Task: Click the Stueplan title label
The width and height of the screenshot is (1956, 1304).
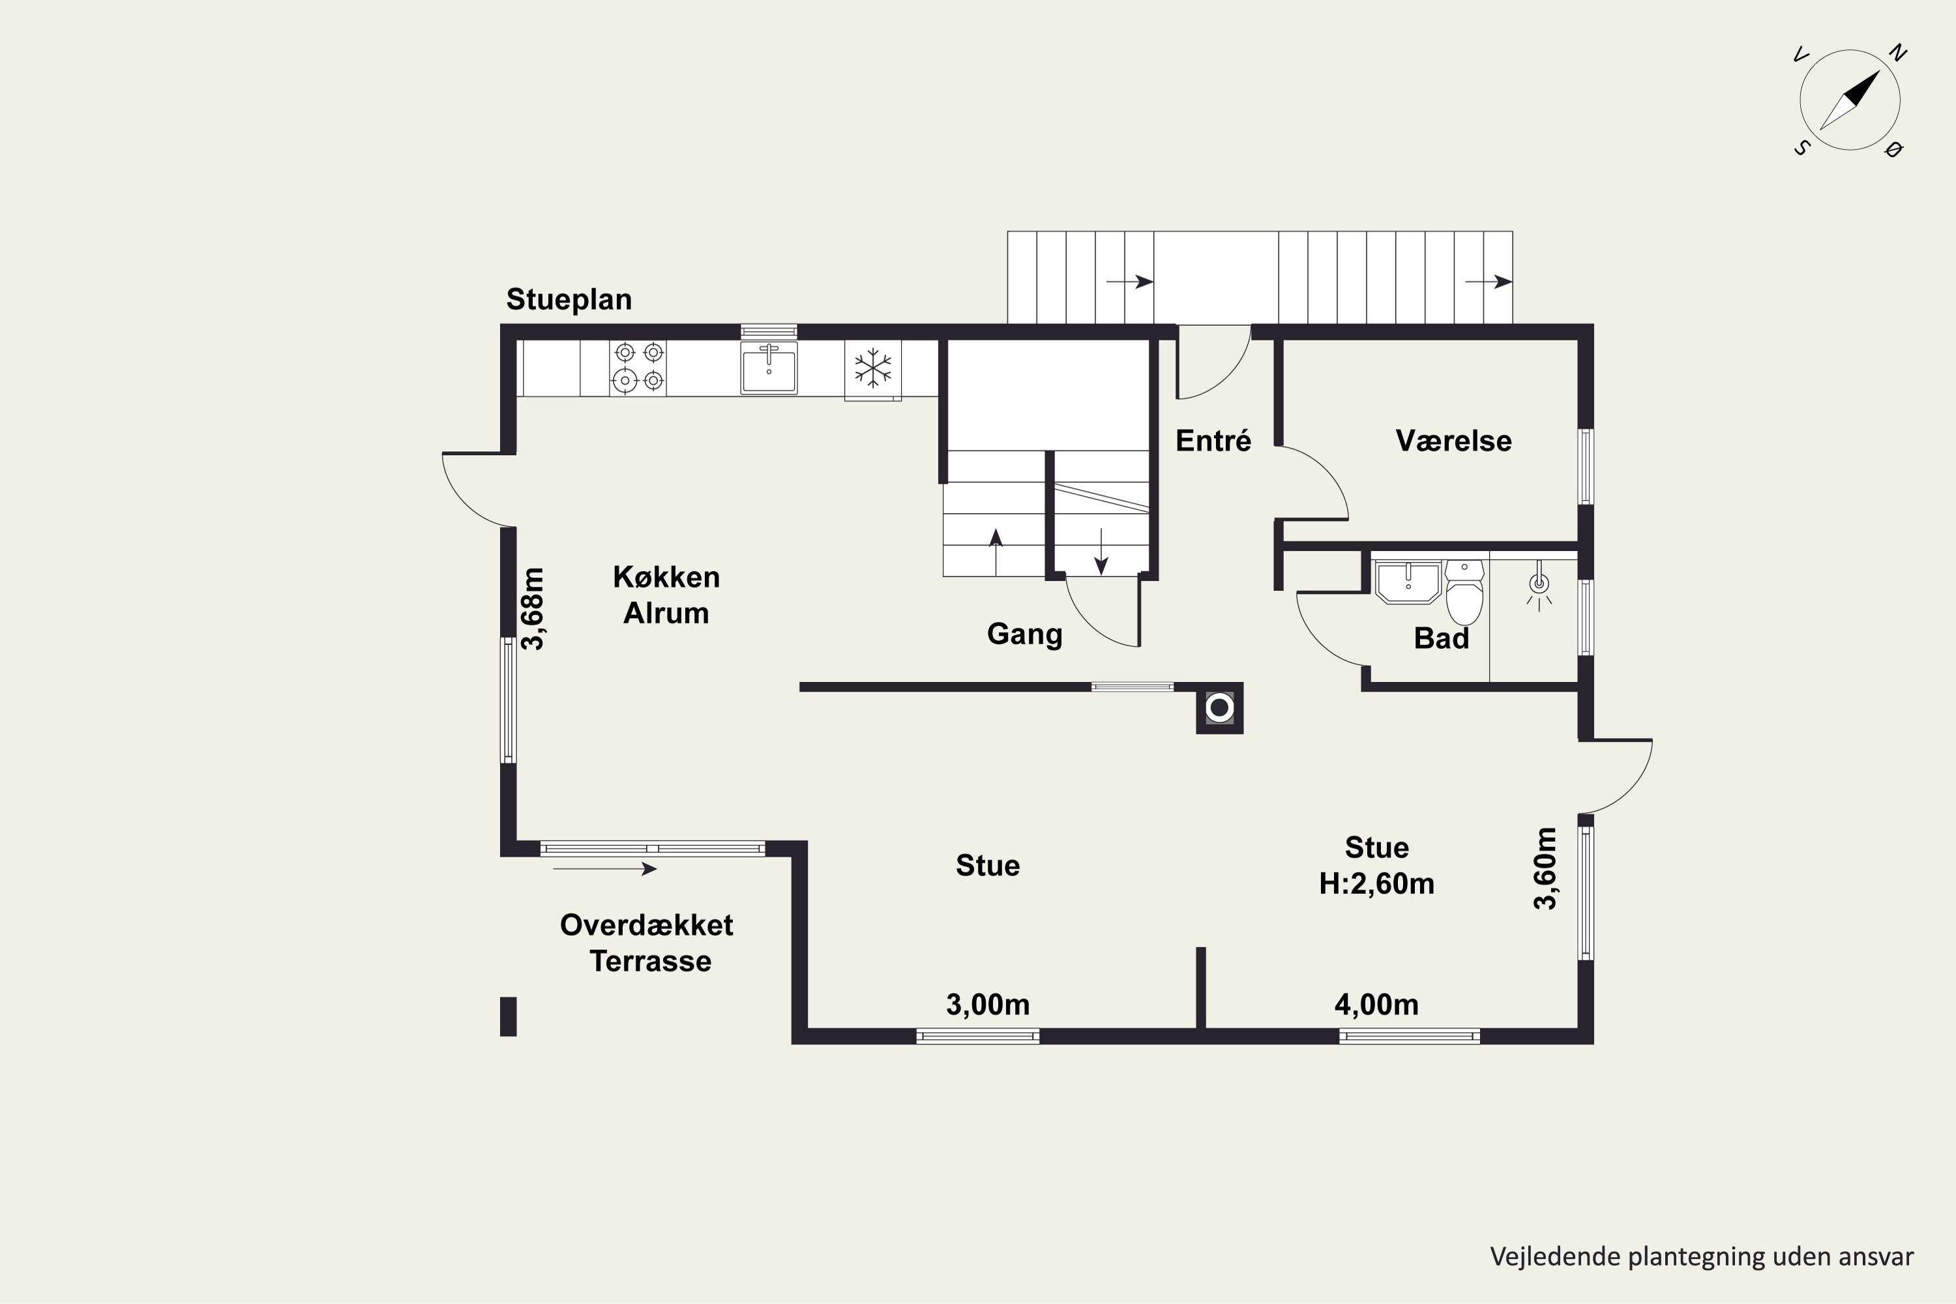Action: pyautogui.click(x=569, y=299)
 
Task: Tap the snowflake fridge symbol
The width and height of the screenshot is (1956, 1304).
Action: pyautogui.click(x=872, y=368)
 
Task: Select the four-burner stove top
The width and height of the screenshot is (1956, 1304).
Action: pyautogui.click(x=638, y=368)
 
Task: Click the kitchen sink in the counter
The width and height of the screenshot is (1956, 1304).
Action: pyautogui.click(x=769, y=368)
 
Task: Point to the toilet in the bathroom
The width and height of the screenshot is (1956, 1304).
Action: pyautogui.click(x=1464, y=592)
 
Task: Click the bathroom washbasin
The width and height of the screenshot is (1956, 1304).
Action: pyautogui.click(x=1408, y=582)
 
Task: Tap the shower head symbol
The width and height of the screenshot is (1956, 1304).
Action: pyautogui.click(x=1539, y=585)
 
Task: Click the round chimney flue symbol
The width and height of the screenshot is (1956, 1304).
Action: pyautogui.click(x=1219, y=707)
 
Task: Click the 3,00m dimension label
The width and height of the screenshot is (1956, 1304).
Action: pyautogui.click(x=988, y=1005)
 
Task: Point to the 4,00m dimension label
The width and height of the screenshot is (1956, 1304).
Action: pyautogui.click(x=1376, y=1005)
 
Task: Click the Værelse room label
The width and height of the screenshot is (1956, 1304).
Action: pyautogui.click(x=1454, y=441)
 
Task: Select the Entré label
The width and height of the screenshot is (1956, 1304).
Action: pyautogui.click(x=1213, y=440)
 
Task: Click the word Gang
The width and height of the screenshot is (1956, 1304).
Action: pyautogui.click(x=1024, y=634)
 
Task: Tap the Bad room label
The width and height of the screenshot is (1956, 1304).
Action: pyautogui.click(x=1441, y=639)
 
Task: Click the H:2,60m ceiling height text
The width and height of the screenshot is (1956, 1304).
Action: pyautogui.click(x=1376, y=883)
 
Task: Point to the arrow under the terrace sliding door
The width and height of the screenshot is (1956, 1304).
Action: pyautogui.click(x=604, y=869)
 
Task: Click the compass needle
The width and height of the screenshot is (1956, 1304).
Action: pyautogui.click(x=1850, y=100)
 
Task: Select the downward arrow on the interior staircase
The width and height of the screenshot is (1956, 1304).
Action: pyautogui.click(x=1101, y=552)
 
